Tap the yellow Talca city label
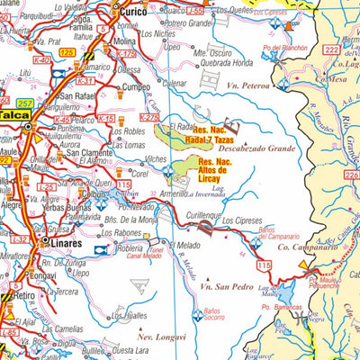point(14,115)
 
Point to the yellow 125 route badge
point(67,54)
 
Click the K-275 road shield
point(149,117)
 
